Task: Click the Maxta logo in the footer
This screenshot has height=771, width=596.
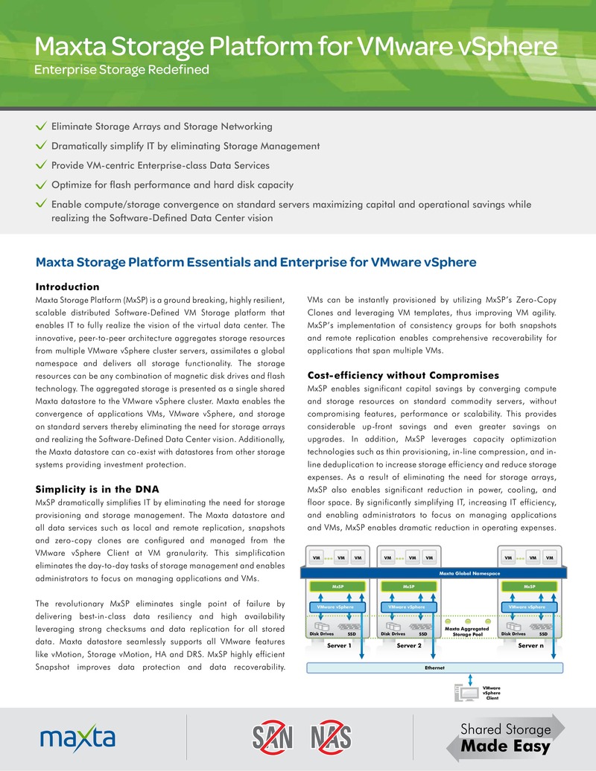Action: (77, 738)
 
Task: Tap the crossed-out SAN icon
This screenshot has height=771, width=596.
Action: (270, 738)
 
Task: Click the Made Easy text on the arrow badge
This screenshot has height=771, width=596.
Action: (505, 746)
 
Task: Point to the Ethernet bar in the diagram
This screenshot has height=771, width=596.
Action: (434, 668)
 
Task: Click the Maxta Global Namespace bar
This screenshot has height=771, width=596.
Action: (435, 573)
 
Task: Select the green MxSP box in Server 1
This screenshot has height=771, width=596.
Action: (337, 586)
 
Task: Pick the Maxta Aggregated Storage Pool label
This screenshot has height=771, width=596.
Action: (467, 632)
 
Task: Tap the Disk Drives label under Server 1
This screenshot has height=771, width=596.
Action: (323, 634)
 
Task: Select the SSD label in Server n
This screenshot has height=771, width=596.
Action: (543, 634)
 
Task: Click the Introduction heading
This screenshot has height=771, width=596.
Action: (67, 287)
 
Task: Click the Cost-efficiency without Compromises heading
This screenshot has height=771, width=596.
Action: (403, 374)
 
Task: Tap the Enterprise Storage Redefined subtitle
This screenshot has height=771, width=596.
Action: (122, 71)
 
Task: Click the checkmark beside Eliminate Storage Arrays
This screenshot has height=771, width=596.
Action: (42, 127)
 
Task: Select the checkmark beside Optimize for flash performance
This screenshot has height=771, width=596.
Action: (42, 185)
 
